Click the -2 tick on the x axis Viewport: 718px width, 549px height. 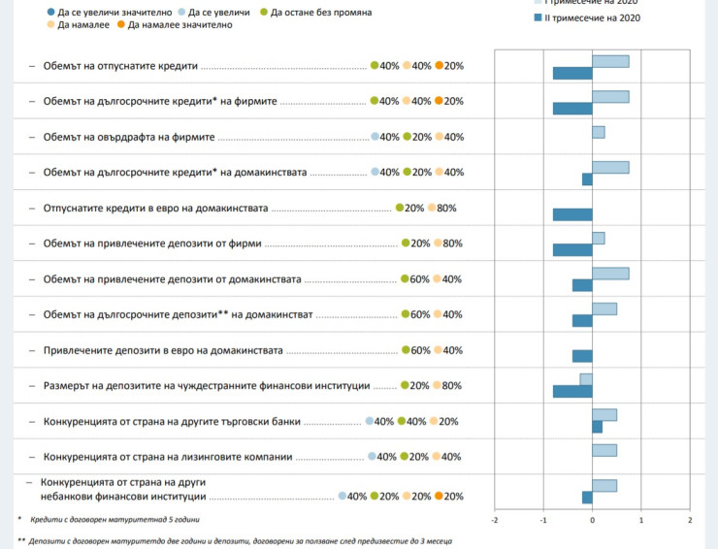point(495,521)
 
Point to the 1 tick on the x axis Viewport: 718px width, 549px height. point(640,521)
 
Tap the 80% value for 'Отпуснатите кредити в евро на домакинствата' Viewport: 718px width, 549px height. point(446,208)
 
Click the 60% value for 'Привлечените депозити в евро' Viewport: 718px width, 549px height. point(418,350)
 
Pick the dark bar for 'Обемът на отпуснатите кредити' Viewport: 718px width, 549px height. point(572,73)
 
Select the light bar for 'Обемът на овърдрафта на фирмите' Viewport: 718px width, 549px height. point(599,132)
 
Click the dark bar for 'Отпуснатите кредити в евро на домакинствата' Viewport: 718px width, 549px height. point(572,214)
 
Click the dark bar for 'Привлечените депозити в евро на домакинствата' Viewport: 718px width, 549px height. point(582,356)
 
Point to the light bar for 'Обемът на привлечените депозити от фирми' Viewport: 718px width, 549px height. point(599,238)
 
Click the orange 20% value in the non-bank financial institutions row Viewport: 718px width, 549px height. point(453,497)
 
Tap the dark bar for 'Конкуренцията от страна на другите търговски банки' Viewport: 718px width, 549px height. point(597,427)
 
